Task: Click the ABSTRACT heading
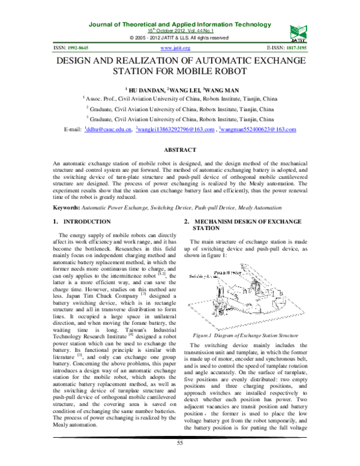pos(179,148)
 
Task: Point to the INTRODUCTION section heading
pos(86,222)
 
